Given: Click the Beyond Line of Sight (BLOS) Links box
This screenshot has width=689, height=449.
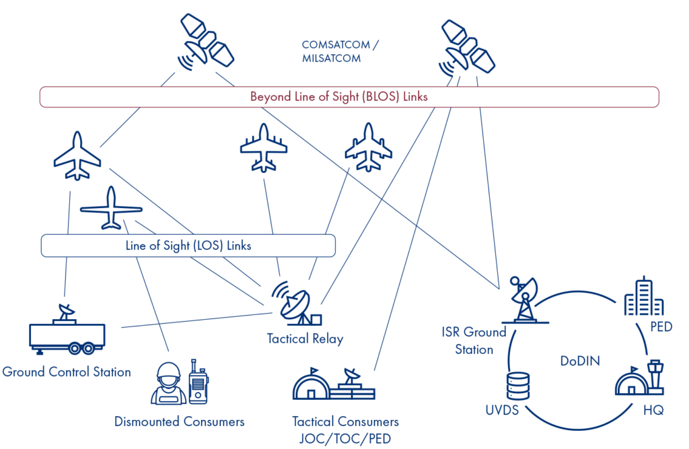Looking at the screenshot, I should point(349,97).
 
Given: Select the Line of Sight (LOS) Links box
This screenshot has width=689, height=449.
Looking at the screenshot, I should point(188,246).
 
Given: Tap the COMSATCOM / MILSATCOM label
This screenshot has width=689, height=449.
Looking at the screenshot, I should point(340,52).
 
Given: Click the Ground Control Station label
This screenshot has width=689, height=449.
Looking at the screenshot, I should point(67,372).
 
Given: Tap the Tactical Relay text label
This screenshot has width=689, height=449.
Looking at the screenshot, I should point(305,339).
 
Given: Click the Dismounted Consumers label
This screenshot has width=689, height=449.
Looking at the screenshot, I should point(179,422).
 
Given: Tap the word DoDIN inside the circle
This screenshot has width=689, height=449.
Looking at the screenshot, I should point(580,361).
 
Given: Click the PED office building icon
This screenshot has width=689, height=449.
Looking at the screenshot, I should point(639,297).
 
